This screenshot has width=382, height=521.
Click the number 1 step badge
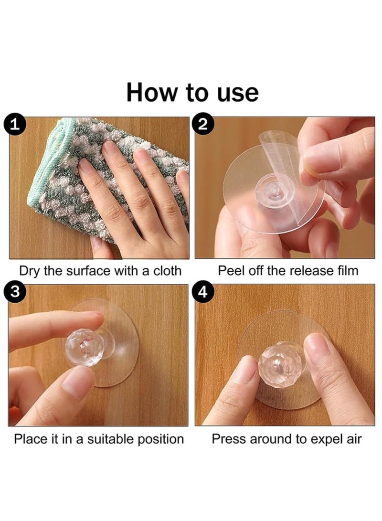point(14,125)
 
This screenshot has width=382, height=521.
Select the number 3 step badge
point(14,292)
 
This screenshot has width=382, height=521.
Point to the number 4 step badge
point(202,292)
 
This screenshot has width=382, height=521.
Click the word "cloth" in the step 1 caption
point(167,271)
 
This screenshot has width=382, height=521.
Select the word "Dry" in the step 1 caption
point(30,271)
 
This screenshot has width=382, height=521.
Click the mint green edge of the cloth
point(46,173)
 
